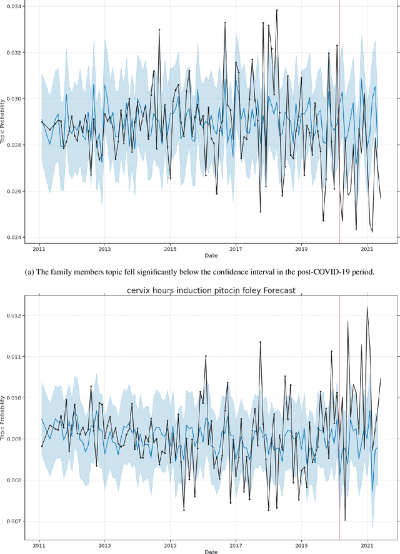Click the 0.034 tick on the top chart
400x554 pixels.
(14, 6)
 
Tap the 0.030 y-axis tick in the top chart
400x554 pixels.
(14, 99)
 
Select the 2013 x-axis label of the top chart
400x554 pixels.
(104, 249)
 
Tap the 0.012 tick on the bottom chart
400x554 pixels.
(14, 316)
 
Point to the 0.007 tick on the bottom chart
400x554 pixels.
(14, 521)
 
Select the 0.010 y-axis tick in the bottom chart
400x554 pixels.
(14, 397)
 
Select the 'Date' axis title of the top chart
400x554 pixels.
(211, 256)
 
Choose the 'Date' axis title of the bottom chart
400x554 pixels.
(211, 551)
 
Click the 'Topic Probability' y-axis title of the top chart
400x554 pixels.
(4, 122)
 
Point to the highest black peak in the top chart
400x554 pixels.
(277, 10)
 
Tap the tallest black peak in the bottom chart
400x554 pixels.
(367, 306)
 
